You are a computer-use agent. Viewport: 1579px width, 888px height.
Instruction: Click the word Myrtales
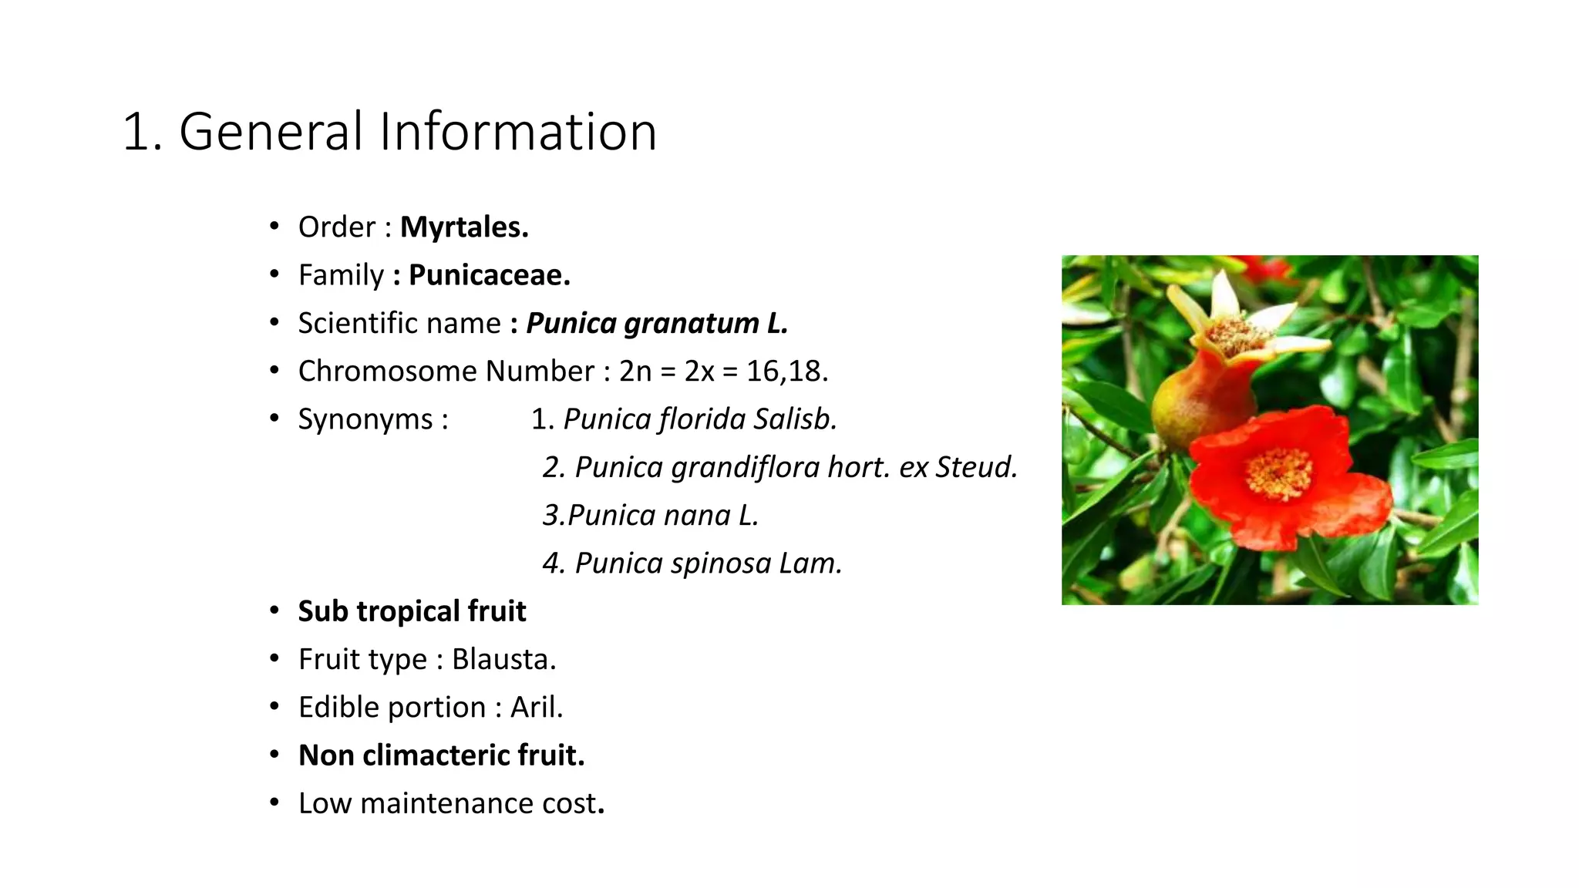point(464,227)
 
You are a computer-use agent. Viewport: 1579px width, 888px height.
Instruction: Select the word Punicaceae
point(489,275)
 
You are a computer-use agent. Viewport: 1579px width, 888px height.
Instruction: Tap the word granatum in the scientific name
point(691,324)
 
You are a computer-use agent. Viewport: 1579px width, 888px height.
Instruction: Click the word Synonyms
point(365,419)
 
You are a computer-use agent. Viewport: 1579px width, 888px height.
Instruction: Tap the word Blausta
point(503,659)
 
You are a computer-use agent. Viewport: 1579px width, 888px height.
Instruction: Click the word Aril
point(537,708)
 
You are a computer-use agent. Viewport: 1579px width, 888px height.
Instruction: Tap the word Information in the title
point(517,132)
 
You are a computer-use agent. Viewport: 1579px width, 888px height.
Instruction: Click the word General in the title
point(271,132)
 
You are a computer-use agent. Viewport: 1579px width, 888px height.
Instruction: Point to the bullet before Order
point(274,227)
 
